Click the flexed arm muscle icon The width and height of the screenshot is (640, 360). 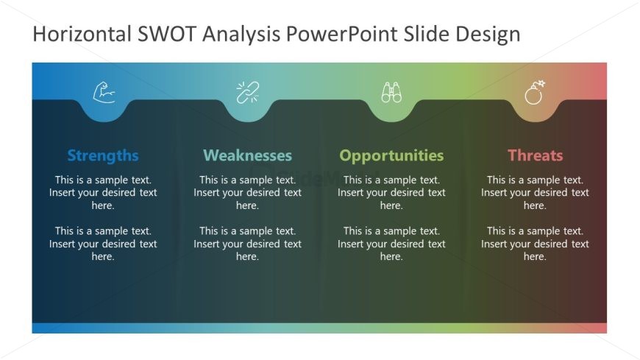point(104,93)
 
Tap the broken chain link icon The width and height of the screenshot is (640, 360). point(247,93)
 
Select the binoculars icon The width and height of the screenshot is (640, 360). point(391,93)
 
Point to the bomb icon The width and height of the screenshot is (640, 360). point(535,93)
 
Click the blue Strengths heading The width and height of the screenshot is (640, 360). point(103,155)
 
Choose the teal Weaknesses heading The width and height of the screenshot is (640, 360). point(247,155)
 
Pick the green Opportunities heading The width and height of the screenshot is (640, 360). point(391,155)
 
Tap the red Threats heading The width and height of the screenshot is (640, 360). point(535,155)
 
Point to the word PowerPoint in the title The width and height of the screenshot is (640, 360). point(355,34)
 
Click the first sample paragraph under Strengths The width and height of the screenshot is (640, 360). point(103,192)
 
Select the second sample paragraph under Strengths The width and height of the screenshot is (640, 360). point(103,244)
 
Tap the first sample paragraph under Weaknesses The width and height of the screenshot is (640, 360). point(247,192)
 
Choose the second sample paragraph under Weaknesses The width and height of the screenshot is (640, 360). point(247,244)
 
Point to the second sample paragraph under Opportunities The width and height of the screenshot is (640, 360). point(391,244)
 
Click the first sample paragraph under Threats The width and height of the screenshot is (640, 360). point(535,192)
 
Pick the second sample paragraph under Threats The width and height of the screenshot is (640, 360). point(535,244)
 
